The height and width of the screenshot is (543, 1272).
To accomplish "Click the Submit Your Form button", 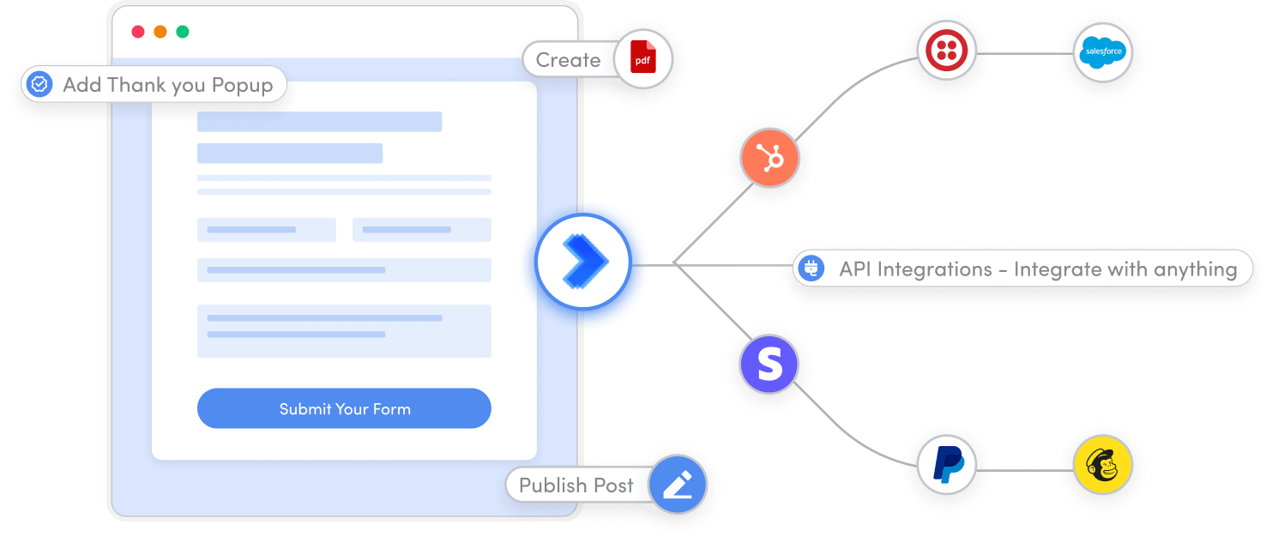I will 344,408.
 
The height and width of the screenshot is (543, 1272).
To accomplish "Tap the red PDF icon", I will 642,60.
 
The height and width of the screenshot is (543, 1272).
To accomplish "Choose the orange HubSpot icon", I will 769,158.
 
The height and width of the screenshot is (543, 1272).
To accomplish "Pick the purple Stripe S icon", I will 769,365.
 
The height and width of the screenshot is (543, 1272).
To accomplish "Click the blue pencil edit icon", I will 677,485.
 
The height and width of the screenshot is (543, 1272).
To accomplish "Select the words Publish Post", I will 576,485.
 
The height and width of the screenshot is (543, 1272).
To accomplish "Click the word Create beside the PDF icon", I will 568,60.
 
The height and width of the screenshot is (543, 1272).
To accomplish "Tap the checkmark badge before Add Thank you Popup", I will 39,84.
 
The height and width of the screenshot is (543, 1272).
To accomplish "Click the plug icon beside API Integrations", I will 810,268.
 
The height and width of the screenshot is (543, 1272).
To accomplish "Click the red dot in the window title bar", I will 138,32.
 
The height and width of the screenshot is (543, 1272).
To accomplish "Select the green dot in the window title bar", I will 183,32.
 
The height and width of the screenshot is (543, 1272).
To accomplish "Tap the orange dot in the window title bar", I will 160,32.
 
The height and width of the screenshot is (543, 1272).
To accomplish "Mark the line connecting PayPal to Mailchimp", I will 1024,469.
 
